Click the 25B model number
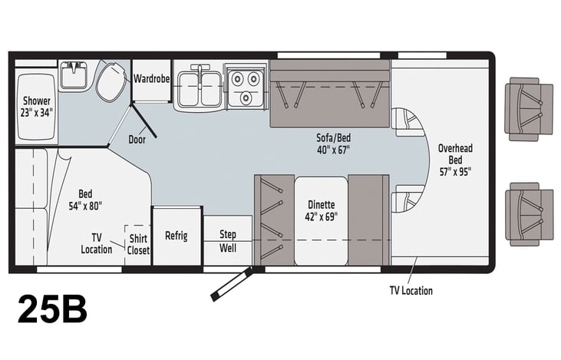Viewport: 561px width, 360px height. [52, 309]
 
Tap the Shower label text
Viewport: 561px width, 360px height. [37, 101]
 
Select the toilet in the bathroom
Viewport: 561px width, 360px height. [111, 82]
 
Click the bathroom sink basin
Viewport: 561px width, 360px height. [73, 75]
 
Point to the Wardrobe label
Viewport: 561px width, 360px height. [152, 78]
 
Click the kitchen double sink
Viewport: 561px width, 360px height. [200, 88]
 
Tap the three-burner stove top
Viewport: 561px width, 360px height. [246, 86]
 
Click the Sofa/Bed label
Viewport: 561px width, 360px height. [333, 137]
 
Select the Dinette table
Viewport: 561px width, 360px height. [321, 221]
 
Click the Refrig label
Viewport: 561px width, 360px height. [177, 236]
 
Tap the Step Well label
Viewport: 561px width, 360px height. [228, 241]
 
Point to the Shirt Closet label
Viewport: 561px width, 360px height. [138, 244]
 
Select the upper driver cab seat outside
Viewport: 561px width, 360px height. [529, 110]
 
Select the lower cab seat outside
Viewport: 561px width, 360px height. [529, 214]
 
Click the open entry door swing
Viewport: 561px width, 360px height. [232, 284]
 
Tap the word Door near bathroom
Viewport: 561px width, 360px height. [137, 140]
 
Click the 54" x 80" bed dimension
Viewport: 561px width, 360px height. [85, 206]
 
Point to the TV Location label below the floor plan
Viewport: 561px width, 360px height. [411, 291]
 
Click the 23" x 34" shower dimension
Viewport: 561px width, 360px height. [37, 113]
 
